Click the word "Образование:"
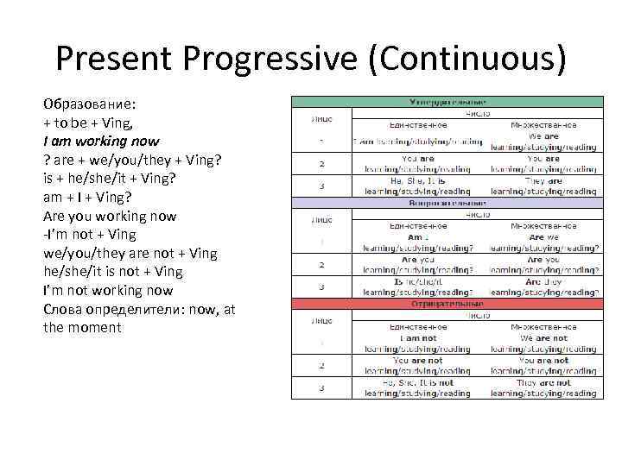[x=88, y=103]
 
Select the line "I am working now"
[x=101, y=140]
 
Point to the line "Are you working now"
[x=110, y=215]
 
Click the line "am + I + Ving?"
[x=87, y=196]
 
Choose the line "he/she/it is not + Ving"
[x=113, y=271]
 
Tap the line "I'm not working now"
[x=108, y=290]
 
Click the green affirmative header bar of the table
[x=446, y=101]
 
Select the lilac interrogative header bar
[x=446, y=203]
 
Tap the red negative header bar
[x=446, y=304]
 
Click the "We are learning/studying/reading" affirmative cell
[x=544, y=142]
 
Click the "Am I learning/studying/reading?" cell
[x=418, y=242]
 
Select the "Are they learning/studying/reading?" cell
[x=544, y=287]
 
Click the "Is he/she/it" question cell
[x=418, y=287]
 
